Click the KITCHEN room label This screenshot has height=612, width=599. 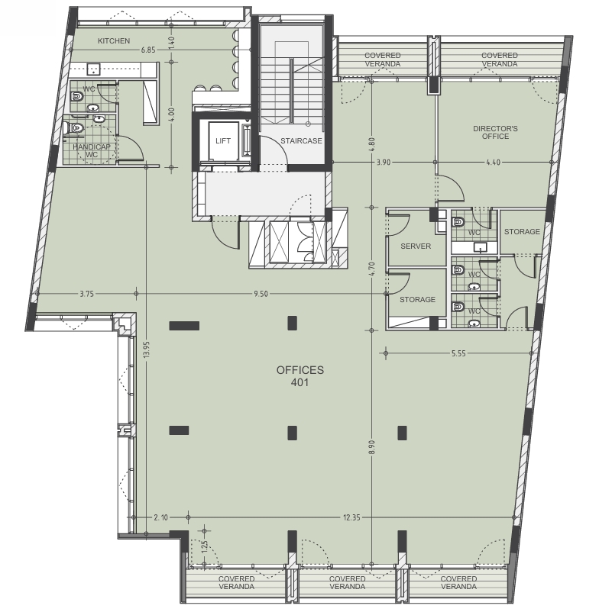pyautogui.click(x=114, y=41)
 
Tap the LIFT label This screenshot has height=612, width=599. pyautogui.click(x=223, y=141)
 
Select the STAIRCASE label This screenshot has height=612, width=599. pyautogui.click(x=301, y=141)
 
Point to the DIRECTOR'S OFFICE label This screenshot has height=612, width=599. pyautogui.click(x=495, y=132)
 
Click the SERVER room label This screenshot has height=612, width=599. pyautogui.click(x=416, y=246)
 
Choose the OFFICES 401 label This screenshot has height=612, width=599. pyautogui.click(x=300, y=376)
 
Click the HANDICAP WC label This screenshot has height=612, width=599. pyautogui.click(x=92, y=150)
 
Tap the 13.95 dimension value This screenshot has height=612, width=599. pyautogui.click(x=147, y=349)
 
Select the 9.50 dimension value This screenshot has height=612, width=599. pyautogui.click(x=261, y=294)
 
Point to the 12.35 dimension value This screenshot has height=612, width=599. pyautogui.click(x=351, y=517)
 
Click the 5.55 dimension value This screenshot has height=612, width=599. pyautogui.click(x=458, y=353)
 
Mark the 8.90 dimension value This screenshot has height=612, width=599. pyautogui.click(x=371, y=447)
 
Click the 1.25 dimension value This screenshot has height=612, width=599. pyautogui.click(x=205, y=548)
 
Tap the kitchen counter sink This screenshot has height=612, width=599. pyautogui.click(x=93, y=69)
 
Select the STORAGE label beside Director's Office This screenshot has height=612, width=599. pyautogui.click(x=522, y=232)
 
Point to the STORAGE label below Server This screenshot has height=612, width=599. pyautogui.click(x=417, y=300)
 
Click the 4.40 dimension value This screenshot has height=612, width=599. pyautogui.click(x=493, y=163)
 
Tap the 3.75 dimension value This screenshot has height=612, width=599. pyautogui.click(x=87, y=294)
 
